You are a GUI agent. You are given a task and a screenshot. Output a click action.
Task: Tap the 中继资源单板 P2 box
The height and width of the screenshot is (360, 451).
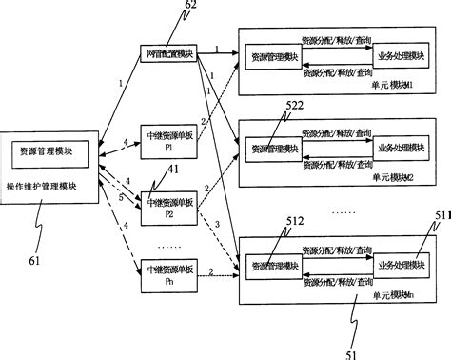167,207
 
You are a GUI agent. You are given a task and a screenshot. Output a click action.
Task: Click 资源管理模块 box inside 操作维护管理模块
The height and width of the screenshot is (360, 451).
49,150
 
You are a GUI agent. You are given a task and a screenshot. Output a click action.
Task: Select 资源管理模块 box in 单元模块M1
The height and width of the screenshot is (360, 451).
273,58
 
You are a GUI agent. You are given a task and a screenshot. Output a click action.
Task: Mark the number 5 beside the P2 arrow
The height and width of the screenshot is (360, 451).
120,197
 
